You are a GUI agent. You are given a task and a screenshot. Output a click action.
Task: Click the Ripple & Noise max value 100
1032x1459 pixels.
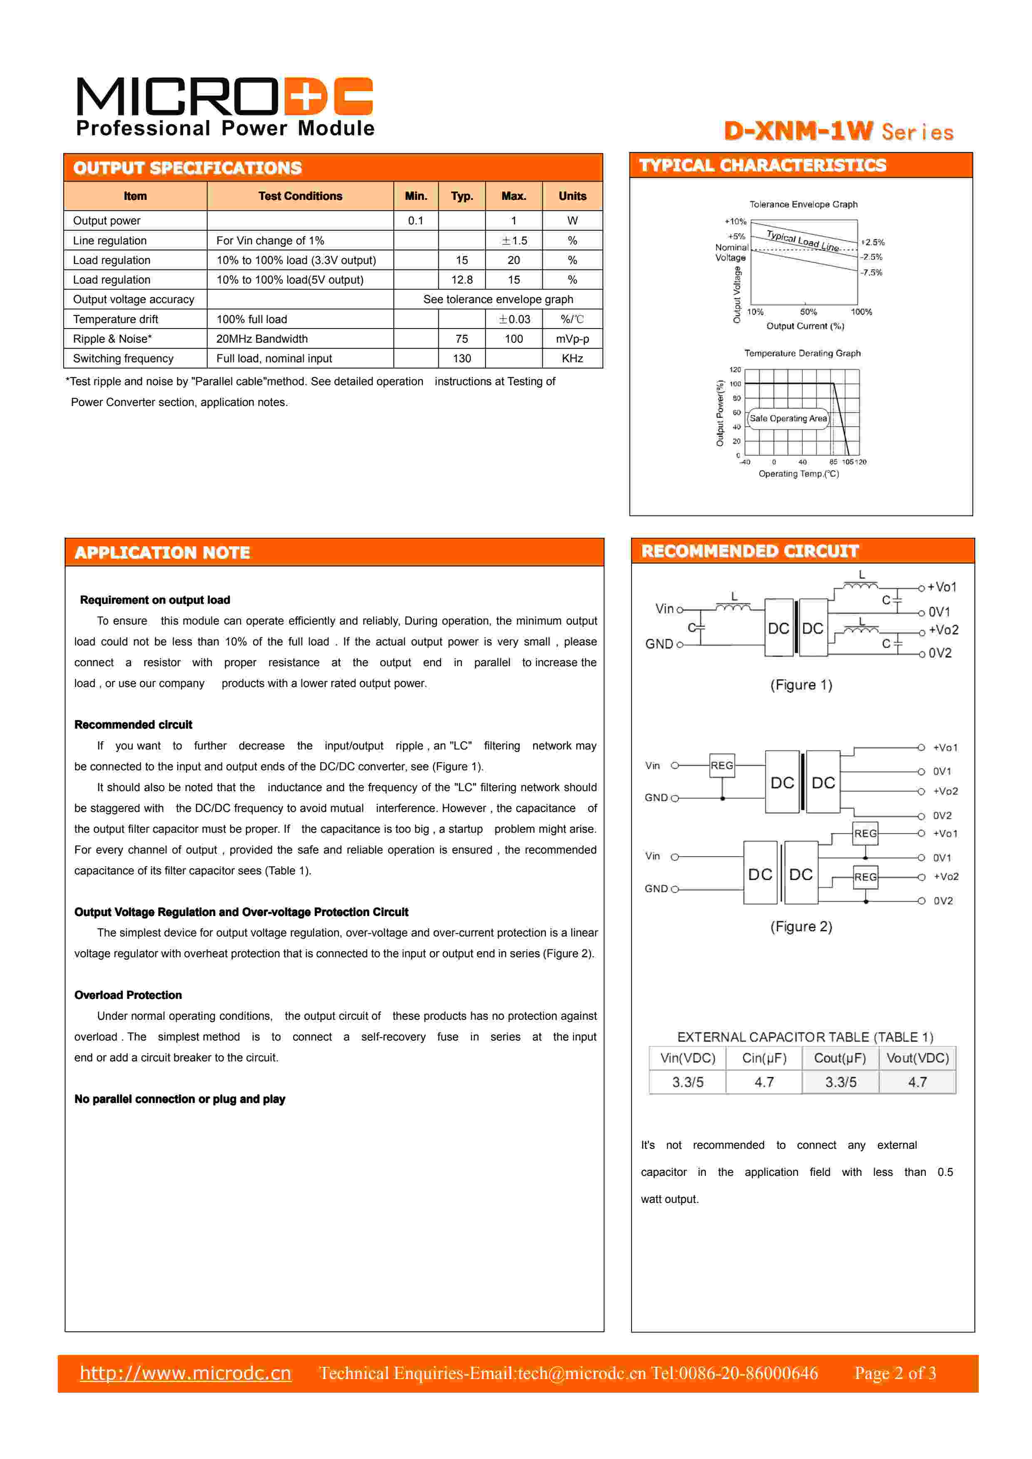coord(513,339)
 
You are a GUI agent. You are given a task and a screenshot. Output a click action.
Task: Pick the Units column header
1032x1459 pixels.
coord(572,196)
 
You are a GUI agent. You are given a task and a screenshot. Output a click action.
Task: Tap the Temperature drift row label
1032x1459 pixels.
coord(116,319)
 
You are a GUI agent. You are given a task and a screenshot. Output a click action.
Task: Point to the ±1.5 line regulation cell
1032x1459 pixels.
coord(513,240)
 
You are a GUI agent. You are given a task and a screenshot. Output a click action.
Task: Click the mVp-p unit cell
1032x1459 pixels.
coord(572,339)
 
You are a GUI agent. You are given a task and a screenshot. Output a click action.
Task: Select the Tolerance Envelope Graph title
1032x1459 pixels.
coord(803,204)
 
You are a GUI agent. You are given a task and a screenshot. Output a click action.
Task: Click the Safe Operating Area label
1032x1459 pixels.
coord(788,418)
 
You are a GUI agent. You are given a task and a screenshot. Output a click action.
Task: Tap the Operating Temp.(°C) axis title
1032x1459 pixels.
coord(799,473)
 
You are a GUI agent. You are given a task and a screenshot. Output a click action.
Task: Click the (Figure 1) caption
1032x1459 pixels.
coord(801,685)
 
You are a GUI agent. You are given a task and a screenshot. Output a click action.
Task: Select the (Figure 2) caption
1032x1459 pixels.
coord(801,926)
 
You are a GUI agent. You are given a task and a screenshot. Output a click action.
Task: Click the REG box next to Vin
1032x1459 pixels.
coord(722,765)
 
